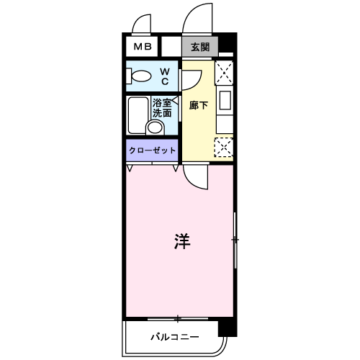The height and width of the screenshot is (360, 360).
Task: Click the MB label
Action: [x=141, y=48]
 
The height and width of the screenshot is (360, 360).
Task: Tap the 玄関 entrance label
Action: [x=200, y=48]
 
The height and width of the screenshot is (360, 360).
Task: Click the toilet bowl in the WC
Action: [x=140, y=76]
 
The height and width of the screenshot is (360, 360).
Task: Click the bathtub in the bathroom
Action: [x=136, y=115]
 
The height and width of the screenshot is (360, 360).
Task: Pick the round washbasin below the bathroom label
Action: [x=155, y=128]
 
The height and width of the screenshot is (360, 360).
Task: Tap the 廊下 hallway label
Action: [x=199, y=105]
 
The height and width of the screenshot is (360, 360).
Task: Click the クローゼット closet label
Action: [x=153, y=150]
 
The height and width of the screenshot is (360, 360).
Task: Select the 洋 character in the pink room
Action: [x=181, y=242]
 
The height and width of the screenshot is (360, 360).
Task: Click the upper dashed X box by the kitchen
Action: [x=225, y=72]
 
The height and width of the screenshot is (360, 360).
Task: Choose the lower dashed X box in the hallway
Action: [x=224, y=147]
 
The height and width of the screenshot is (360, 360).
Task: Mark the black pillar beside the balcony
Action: [x=227, y=328]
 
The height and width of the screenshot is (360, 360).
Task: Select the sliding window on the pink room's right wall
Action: [x=234, y=239]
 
